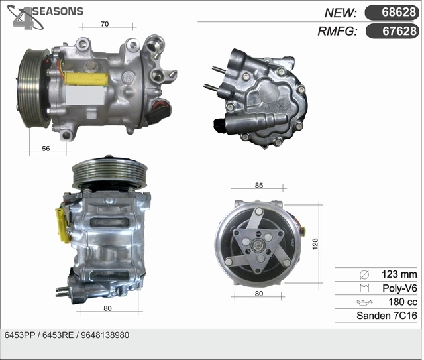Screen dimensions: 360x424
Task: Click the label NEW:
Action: pos(341,13)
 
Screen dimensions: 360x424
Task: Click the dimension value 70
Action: pos(105,25)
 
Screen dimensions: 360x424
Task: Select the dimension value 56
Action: pos(46,149)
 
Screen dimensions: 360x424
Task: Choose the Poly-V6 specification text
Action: pos(399,288)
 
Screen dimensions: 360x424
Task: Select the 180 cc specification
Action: pos(401,302)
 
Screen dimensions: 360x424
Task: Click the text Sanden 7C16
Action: pos(386,316)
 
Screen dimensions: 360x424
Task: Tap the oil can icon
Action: pos(363,302)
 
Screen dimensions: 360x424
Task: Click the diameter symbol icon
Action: pos(363,274)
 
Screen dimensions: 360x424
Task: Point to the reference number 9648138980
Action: pos(105,335)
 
